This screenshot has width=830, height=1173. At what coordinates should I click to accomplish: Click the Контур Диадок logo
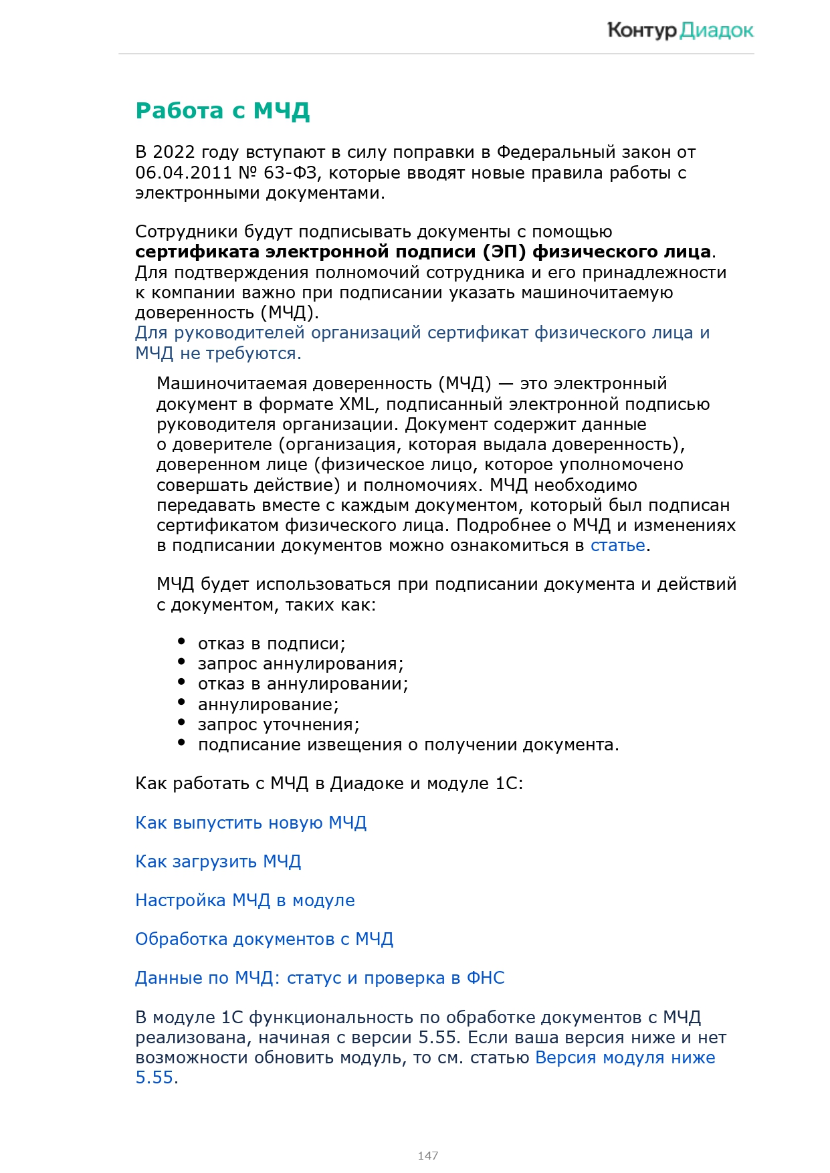pyautogui.click(x=680, y=30)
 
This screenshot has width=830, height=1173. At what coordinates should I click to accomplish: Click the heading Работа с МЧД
pyautogui.click(x=222, y=110)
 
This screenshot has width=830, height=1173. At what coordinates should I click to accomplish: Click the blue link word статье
pyautogui.click(x=617, y=546)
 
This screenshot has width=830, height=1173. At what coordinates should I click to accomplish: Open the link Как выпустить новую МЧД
pyautogui.click(x=251, y=823)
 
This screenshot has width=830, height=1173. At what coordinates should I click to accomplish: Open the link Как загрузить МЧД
pyautogui.click(x=218, y=861)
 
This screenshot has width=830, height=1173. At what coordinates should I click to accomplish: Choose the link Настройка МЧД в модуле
pyautogui.click(x=245, y=900)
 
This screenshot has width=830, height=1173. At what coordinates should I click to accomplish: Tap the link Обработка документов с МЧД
pyautogui.click(x=264, y=939)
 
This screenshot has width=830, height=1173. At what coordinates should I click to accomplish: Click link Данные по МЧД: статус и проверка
pyautogui.click(x=320, y=978)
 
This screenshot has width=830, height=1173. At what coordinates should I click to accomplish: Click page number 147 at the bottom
pyautogui.click(x=428, y=1155)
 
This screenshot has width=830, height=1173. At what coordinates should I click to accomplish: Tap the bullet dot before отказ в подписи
pyautogui.click(x=181, y=641)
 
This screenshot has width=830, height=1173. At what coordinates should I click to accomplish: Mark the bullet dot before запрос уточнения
pyautogui.click(x=181, y=722)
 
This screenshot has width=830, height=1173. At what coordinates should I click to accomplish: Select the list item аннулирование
pyautogui.click(x=268, y=705)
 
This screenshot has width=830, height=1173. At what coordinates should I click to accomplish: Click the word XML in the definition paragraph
pyautogui.click(x=356, y=405)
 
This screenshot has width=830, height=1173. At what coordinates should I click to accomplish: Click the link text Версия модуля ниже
pyautogui.click(x=625, y=1058)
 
